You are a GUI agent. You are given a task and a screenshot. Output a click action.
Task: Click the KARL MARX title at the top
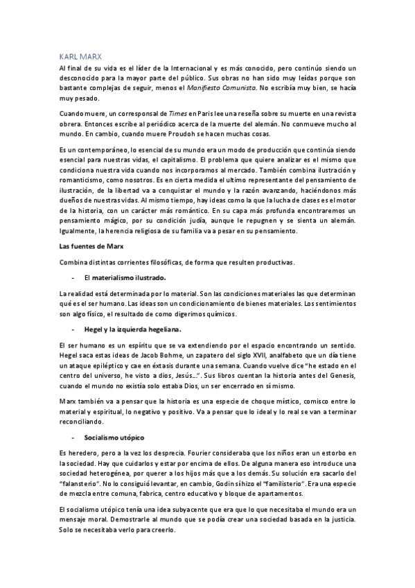click(82, 58)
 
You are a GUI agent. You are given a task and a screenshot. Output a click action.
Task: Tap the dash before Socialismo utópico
click(73, 438)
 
